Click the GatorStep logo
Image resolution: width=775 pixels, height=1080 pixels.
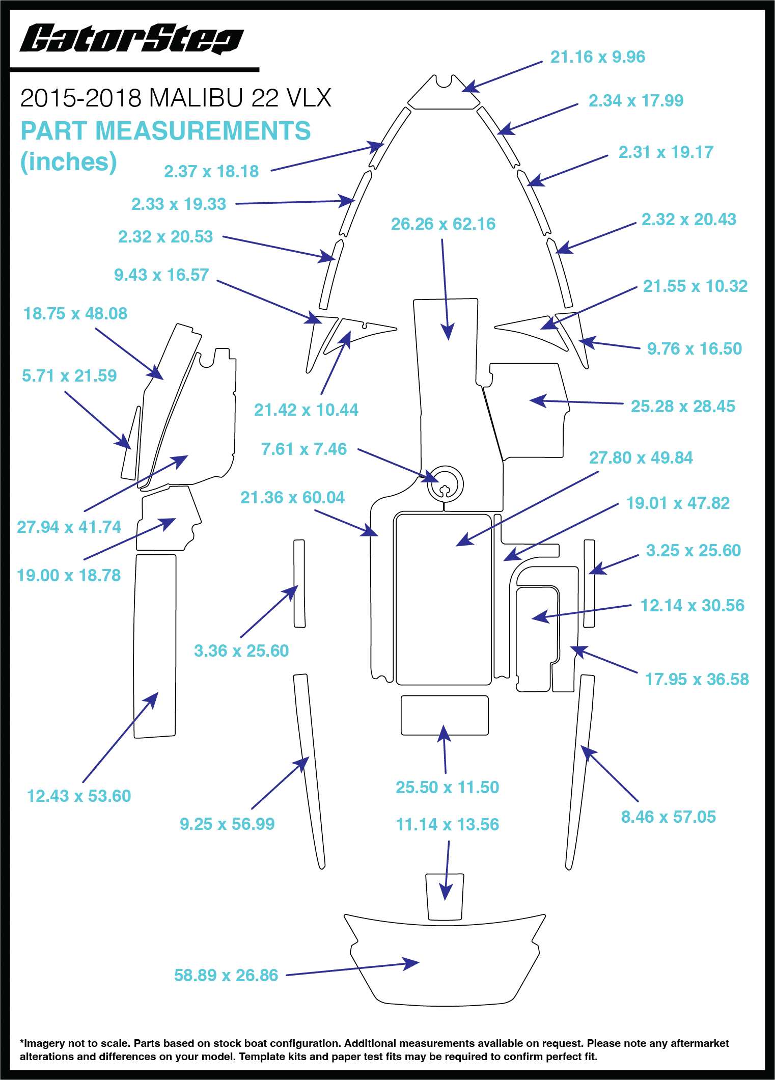131,39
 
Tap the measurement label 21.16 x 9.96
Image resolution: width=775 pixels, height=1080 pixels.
597,57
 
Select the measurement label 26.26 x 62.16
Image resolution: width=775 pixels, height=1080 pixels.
443,224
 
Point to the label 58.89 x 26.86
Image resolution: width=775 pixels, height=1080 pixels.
226,975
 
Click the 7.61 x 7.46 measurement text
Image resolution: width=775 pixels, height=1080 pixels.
303,449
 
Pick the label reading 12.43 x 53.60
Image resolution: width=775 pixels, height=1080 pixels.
79,796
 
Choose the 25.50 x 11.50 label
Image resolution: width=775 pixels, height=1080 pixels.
447,787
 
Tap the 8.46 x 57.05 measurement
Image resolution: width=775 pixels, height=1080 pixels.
668,817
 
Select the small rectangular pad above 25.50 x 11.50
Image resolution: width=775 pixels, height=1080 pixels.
445,715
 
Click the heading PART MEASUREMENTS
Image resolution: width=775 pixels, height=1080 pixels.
165,131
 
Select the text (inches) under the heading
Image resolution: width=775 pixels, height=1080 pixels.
68,162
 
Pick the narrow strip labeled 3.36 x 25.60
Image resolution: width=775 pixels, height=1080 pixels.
299,583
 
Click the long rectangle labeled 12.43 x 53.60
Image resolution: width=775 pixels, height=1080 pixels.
155,646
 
